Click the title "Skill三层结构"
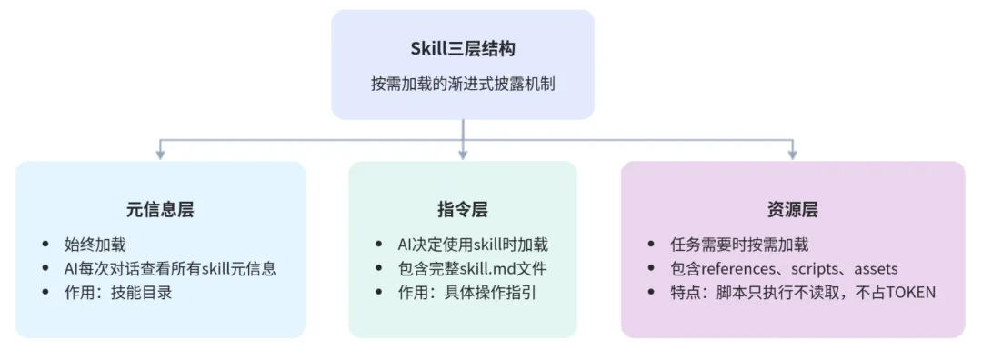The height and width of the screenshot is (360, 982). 463,49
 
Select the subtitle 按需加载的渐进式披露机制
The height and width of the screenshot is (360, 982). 463,84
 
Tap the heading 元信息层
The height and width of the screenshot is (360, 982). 160,210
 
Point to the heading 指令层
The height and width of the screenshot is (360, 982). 463,210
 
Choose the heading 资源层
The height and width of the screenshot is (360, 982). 792,210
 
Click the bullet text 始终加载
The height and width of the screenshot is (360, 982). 95,245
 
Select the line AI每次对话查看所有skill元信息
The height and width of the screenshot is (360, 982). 170,268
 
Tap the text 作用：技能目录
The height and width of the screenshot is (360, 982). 118,293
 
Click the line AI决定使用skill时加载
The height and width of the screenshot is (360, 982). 475,245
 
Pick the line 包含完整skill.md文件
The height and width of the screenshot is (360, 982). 466,268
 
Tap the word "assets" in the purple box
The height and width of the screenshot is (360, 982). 876,268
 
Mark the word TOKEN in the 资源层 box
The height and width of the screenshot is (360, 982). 910,293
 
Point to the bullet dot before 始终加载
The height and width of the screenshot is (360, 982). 46,245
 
